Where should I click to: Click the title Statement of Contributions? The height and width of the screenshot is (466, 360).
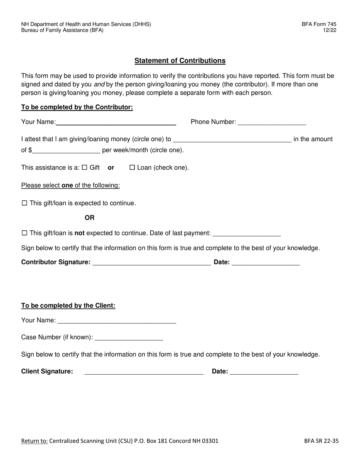point(180,61)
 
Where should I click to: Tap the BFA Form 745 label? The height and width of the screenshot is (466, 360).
point(319,24)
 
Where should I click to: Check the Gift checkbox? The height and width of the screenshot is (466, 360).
point(85,167)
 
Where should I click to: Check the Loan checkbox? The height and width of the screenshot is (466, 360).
point(132,167)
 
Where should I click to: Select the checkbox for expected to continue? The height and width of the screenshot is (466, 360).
point(25,203)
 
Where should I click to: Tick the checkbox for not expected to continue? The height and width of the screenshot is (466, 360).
point(25,233)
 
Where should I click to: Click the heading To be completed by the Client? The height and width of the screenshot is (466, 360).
point(68,305)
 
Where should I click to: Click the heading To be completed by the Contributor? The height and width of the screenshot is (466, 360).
point(77,107)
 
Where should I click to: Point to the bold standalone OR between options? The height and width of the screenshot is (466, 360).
point(90,218)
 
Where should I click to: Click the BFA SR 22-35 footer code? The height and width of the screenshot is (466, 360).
point(321,441)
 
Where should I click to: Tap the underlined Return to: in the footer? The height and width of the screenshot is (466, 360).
point(34,441)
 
